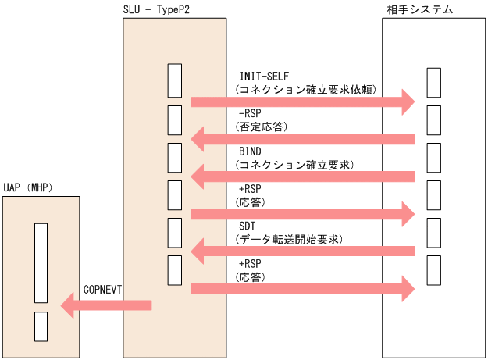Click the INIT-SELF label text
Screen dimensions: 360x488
point(264,77)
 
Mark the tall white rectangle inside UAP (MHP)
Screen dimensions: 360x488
point(41,263)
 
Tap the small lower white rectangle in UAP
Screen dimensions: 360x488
point(41,325)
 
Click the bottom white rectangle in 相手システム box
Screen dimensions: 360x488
point(434,270)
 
